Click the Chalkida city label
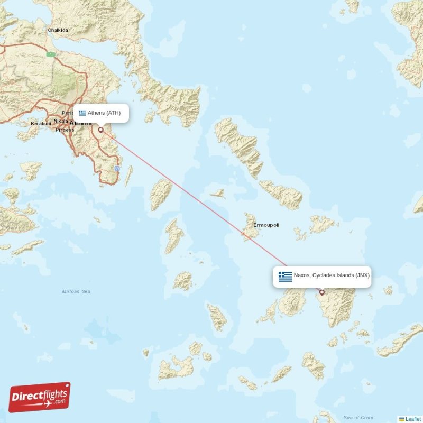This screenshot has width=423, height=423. (x=58, y=30)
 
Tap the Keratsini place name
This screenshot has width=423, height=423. (x=41, y=123)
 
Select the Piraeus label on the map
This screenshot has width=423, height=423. (x=63, y=130)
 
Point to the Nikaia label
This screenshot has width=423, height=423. (x=60, y=121)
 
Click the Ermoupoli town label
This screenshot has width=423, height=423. (x=266, y=225)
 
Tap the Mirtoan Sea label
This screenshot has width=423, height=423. (x=76, y=291)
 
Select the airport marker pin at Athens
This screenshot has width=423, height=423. (x=100, y=130)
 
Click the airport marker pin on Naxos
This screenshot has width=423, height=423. (x=321, y=292)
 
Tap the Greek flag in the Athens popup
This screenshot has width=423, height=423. (x=82, y=113)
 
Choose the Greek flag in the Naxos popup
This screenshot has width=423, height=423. (x=285, y=276)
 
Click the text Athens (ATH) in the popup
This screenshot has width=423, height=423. (x=104, y=113)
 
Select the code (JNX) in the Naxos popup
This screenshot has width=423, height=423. (x=362, y=275)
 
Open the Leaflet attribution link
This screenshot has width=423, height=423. (x=412, y=419)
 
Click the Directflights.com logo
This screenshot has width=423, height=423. (x=40, y=397)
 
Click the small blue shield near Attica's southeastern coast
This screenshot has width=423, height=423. (x=117, y=168)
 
